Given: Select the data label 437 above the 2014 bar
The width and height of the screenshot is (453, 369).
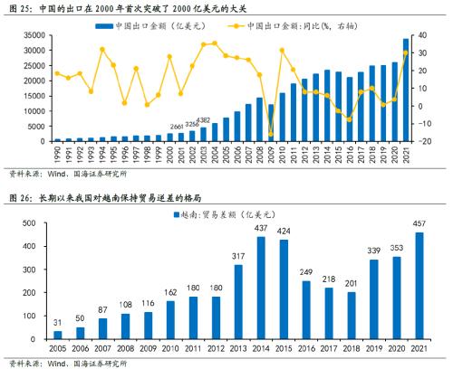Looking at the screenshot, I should pyautogui.click(x=262, y=229).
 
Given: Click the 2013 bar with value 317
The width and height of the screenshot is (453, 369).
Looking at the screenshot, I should pyautogui.click(x=238, y=302).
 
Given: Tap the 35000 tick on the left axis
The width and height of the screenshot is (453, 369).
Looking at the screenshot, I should pyautogui.click(x=34, y=36).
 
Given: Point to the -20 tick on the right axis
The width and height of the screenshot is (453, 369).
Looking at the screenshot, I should pyautogui.click(x=419, y=141).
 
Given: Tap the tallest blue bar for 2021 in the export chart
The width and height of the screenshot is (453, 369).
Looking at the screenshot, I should pyautogui.click(x=404, y=90).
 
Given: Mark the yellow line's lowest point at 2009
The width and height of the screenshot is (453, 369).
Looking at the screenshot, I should pyautogui.click(x=270, y=134).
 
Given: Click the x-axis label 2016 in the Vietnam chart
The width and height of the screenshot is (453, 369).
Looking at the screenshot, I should pyautogui.click(x=307, y=349).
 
